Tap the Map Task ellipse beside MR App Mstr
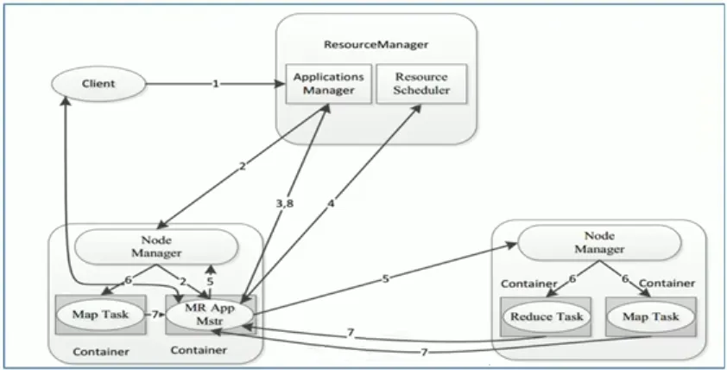pyautogui.click(x=98, y=315)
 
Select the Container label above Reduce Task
pyautogui.click(x=524, y=282)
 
